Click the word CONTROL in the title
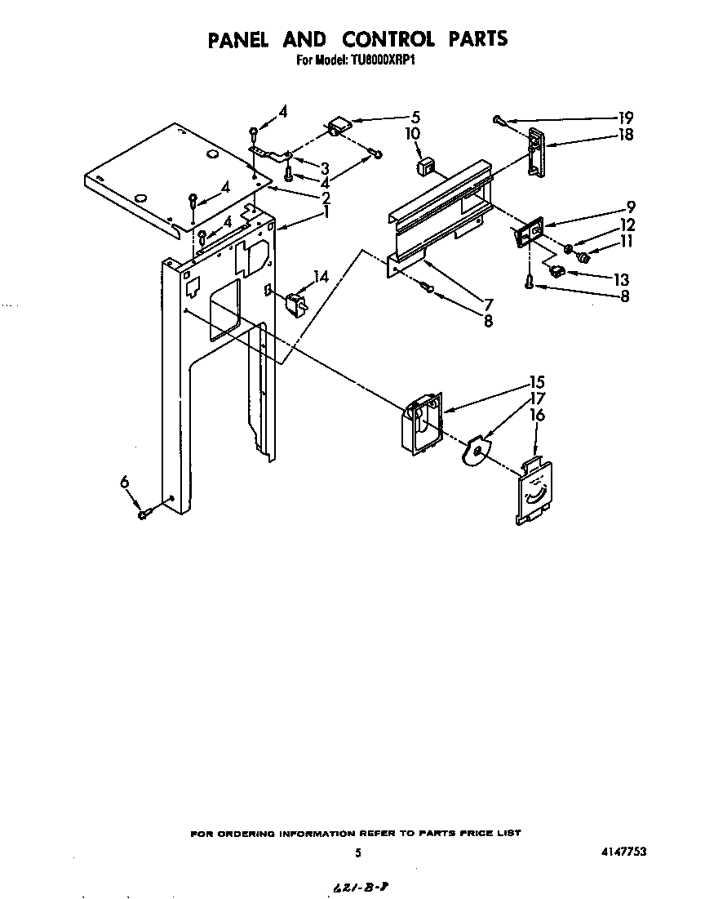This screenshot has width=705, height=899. pos(389,38)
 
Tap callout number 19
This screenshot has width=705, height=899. pos(626,117)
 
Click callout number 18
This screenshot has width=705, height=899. pos(626,135)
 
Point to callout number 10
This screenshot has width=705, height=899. pos(413,133)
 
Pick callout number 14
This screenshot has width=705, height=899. pos(321,277)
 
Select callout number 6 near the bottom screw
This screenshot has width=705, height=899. pos(125,483)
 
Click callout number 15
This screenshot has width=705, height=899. pos(537,381)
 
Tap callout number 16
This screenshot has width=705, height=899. pos(537,416)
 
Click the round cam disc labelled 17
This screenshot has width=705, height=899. pos(475,451)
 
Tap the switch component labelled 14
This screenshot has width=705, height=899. pos(292,305)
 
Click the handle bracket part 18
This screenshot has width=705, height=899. pos(535,152)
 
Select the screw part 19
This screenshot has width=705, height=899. pos(499,121)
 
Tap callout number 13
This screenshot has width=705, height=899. pos(623,279)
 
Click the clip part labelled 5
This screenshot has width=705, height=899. pos(337,126)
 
